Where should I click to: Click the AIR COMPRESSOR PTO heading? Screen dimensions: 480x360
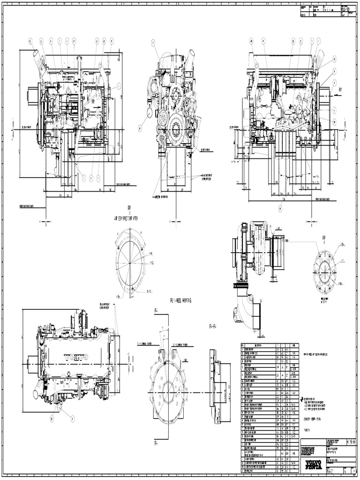[x=128, y=218]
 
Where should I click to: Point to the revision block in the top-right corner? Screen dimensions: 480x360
[x=328, y=12]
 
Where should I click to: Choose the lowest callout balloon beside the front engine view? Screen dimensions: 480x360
[x=140, y=127]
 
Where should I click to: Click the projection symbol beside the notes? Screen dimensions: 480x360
[x=302, y=398]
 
